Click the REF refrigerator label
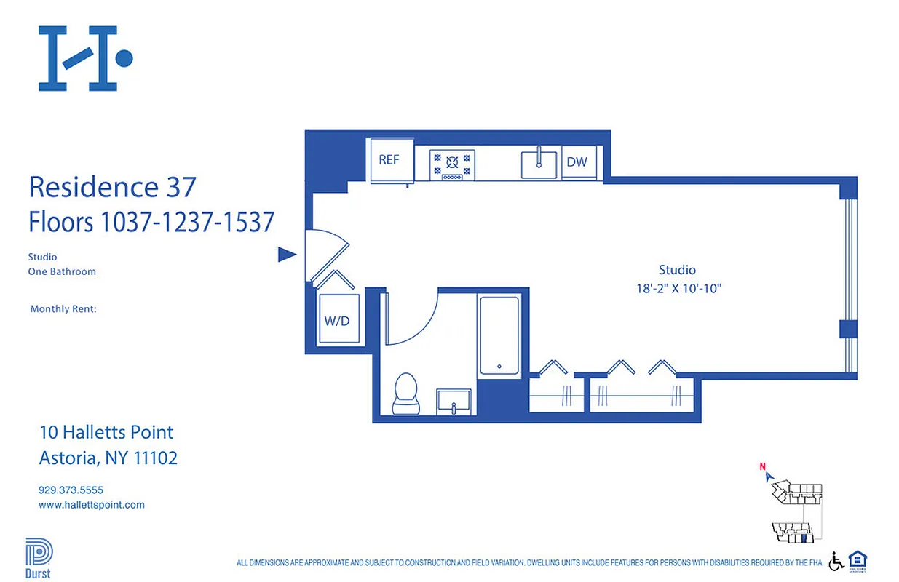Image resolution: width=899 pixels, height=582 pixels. (x=389, y=160)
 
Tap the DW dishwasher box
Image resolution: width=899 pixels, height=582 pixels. (x=577, y=162)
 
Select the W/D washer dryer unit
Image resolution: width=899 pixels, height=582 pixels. (x=338, y=319)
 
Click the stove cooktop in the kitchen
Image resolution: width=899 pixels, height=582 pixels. (x=452, y=165)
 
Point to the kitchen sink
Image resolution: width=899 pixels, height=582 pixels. (x=539, y=164)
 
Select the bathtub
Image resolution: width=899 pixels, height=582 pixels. (x=499, y=335)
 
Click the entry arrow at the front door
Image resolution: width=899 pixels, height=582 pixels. (x=288, y=254)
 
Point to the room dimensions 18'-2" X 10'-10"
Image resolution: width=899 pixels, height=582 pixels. (x=678, y=289)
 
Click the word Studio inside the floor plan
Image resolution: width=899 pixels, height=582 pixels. (x=677, y=270)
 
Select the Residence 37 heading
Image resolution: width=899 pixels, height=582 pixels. (x=112, y=187)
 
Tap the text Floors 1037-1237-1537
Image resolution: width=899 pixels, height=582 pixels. (x=151, y=221)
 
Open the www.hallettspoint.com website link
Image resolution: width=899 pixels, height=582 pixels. (x=91, y=504)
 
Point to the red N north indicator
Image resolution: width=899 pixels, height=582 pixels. (x=762, y=467)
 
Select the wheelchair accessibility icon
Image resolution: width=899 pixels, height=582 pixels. (x=836, y=561)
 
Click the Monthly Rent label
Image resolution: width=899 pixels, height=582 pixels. (x=63, y=309)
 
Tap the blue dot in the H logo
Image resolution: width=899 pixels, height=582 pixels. (x=124, y=57)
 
